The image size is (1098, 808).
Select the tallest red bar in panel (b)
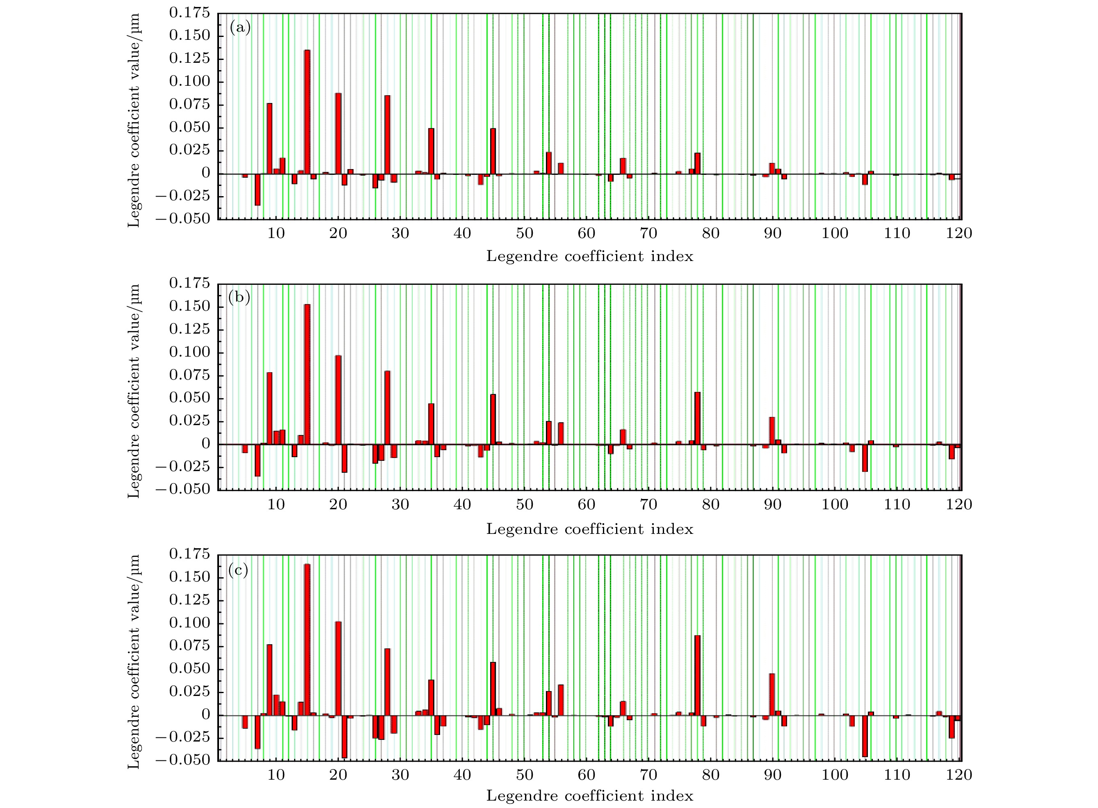coord(307,374)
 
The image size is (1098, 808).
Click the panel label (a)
coord(240,28)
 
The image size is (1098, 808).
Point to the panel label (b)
coord(239,298)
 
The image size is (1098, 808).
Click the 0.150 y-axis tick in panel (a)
coord(189,36)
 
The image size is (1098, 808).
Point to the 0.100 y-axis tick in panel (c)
coord(189,623)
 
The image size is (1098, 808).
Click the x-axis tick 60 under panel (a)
coord(586,233)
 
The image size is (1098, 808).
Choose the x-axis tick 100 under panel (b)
coord(835,504)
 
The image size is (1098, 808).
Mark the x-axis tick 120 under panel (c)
coord(959,774)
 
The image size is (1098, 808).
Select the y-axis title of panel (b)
coord(133,391)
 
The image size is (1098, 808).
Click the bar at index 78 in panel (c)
coord(697,675)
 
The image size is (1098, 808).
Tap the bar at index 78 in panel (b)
coord(697,418)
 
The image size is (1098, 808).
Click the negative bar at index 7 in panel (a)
coord(257,189)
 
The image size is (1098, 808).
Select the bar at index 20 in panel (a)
coord(338,133)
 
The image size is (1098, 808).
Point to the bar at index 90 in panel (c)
coord(772,694)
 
